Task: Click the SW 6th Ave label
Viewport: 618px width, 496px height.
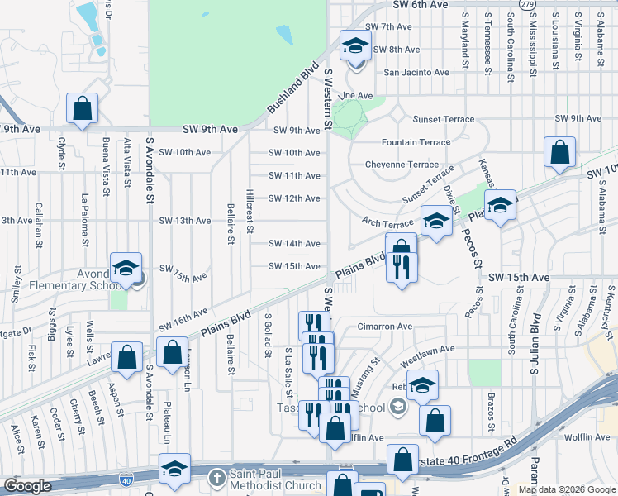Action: (x=421, y=5)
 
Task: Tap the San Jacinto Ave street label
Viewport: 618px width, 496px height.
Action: (x=416, y=72)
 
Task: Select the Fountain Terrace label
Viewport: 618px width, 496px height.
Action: (x=416, y=142)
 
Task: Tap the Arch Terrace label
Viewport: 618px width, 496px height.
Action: (x=387, y=223)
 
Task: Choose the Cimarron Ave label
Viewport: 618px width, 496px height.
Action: (x=384, y=327)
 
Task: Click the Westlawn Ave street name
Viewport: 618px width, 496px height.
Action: (x=427, y=350)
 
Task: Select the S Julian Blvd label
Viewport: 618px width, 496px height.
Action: (x=536, y=342)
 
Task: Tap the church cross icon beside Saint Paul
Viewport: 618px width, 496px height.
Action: (x=217, y=479)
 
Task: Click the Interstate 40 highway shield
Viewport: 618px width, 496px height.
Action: (x=123, y=480)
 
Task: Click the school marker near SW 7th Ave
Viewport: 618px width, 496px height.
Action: (x=355, y=46)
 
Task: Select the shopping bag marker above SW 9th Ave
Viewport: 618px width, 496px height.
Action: (x=82, y=107)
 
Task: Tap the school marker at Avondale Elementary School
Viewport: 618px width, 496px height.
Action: (x=126, y=268)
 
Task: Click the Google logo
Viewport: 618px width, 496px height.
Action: (x=27, y=486)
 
